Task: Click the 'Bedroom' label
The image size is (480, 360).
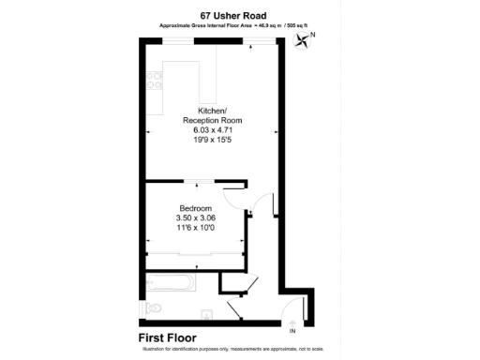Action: coord(196,208)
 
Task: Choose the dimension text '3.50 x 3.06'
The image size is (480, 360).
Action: coord(196,217)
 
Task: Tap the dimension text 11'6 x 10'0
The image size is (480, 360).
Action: coord(196,228)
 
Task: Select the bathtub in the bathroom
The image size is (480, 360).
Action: coord(171,282)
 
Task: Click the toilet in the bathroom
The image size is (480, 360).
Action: coord(155,307)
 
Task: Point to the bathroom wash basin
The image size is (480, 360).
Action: coord(205,315)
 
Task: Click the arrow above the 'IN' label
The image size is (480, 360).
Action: coord(292,322)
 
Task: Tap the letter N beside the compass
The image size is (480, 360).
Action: coord(312,35)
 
